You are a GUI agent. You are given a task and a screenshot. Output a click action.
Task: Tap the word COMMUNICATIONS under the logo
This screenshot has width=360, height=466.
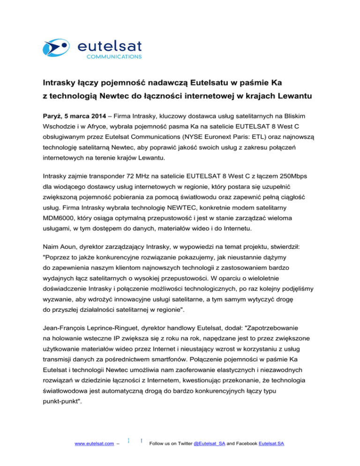pos(113,57)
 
